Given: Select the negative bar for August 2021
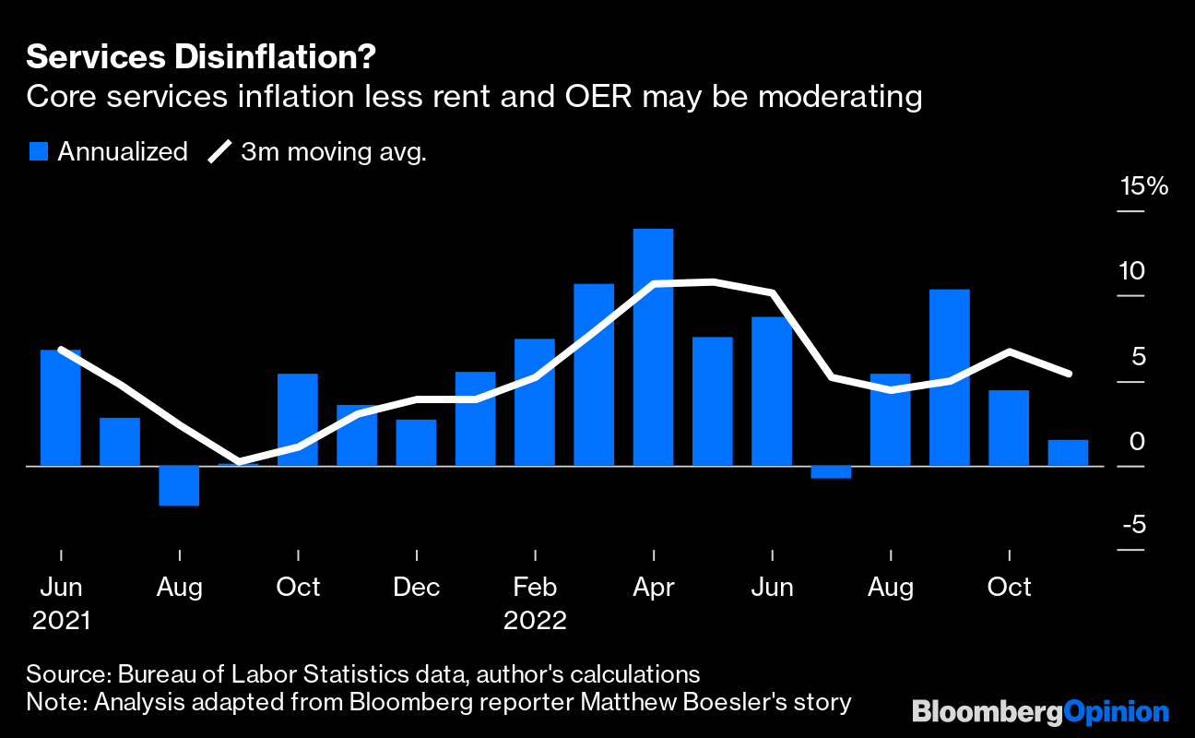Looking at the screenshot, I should pos(179,485).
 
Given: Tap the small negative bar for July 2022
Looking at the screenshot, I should pos(831,472).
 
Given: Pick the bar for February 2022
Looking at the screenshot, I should pos(535,402).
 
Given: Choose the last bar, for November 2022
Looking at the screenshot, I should pos(1068,453).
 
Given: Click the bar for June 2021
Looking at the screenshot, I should pos(61,408).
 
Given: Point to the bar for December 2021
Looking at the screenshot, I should pos(416,443).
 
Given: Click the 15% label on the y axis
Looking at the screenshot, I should pos(1143,186).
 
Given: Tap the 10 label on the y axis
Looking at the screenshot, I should pos(1130,271).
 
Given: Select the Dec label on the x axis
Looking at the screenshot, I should pos(416,588).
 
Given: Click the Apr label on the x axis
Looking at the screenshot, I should pos(654,588).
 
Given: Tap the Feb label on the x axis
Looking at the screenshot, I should pos(535,588).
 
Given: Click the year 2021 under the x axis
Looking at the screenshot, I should pos(61,620).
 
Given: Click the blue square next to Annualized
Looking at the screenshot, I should pos(38,151).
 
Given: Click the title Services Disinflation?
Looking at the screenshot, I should pos(201,57).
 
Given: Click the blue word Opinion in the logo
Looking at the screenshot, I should pos(1116,712).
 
